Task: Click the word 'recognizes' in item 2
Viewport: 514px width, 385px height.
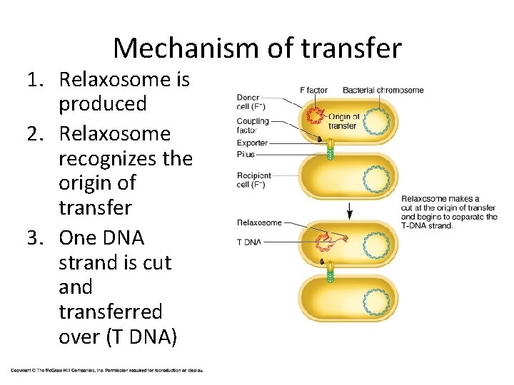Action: (x=123, y=158)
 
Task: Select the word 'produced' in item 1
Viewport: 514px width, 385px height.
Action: (x=103, y=104)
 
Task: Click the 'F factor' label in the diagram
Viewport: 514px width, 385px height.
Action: (x=313, y=91)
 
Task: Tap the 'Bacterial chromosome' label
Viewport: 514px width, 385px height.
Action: (x=383, y=91)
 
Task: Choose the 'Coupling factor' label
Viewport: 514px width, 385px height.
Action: (x=253, y=125)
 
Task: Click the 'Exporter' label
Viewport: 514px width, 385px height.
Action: (x=253, y=143)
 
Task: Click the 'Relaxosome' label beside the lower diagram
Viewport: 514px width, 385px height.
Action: (x=259, y=222)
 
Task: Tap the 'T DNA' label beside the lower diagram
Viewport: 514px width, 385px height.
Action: (x=249, y=242)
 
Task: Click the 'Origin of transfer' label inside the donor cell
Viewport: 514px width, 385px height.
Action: (x=343, y=121)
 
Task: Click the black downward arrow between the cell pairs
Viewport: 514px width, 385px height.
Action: (x=350, y=210)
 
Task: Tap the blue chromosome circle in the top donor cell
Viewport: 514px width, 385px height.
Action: (x=377, y=120)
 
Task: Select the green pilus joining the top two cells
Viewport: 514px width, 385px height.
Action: (x=330, y=150)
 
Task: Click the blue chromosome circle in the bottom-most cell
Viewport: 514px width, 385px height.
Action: (x=376, y=300)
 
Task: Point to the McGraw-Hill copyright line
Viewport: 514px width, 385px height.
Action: (x=107, y=370)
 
